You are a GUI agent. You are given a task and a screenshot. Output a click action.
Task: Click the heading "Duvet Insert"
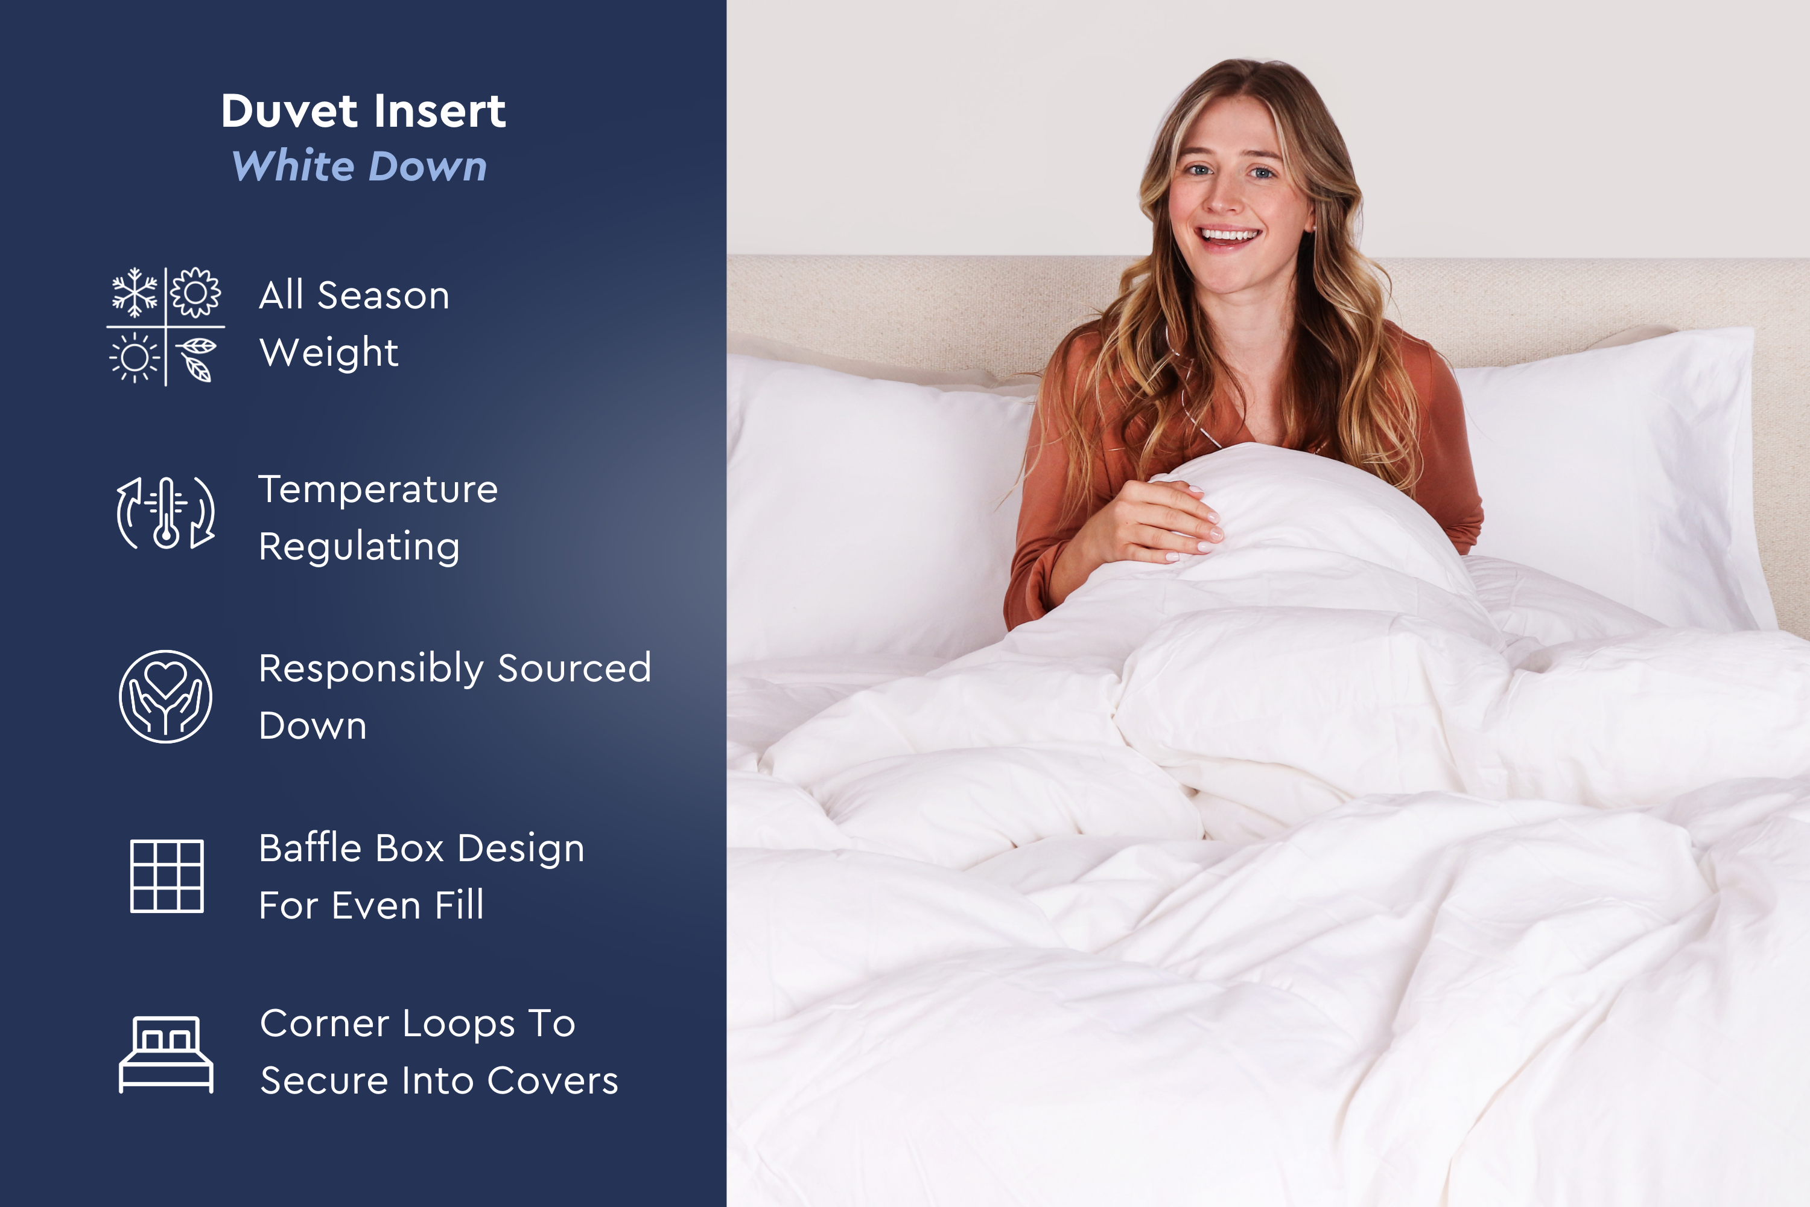363,111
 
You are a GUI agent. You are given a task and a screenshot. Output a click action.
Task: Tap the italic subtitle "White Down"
360,167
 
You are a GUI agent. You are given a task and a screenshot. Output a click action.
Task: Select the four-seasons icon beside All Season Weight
165,326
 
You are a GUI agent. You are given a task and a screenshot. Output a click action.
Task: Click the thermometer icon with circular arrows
165,512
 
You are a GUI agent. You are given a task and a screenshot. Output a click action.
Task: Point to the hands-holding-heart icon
165,696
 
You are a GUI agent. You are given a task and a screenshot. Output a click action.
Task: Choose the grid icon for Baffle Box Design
167,876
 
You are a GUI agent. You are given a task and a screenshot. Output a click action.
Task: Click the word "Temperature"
378,489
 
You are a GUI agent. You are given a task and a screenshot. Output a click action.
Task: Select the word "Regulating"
360,547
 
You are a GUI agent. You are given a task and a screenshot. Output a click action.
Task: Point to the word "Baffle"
310,849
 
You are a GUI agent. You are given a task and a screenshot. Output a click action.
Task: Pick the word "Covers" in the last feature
553,1081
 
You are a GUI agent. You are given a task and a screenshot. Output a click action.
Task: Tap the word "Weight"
329,353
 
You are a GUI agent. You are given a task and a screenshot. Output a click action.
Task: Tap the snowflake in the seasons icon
135,293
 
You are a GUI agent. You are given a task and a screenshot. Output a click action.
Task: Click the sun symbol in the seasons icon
135,358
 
